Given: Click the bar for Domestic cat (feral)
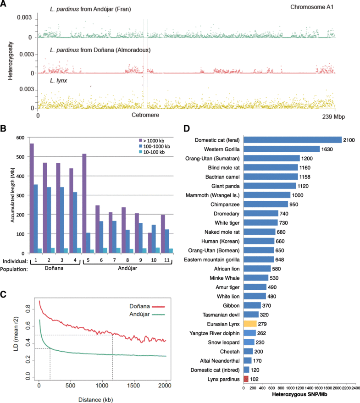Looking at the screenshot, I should coord(293,139).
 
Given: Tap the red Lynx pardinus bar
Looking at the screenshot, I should coord(246,379).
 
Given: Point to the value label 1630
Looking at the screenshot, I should coord(327,149).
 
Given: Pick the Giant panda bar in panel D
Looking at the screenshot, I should coord(270,186).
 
